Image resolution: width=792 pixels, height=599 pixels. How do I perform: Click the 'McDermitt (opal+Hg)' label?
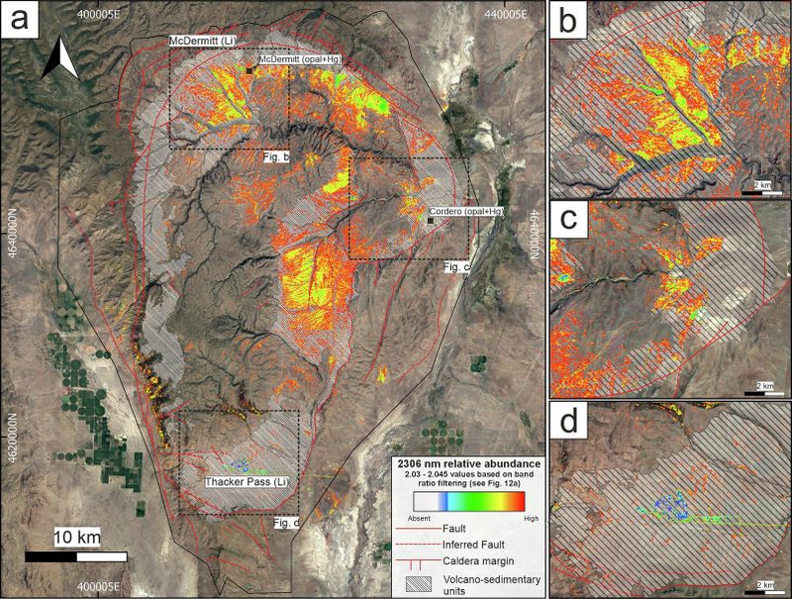pos(301,60)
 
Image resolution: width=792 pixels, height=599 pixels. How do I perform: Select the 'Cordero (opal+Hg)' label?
pos(468,212)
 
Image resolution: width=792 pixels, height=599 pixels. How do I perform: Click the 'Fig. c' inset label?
pos(454,266)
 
